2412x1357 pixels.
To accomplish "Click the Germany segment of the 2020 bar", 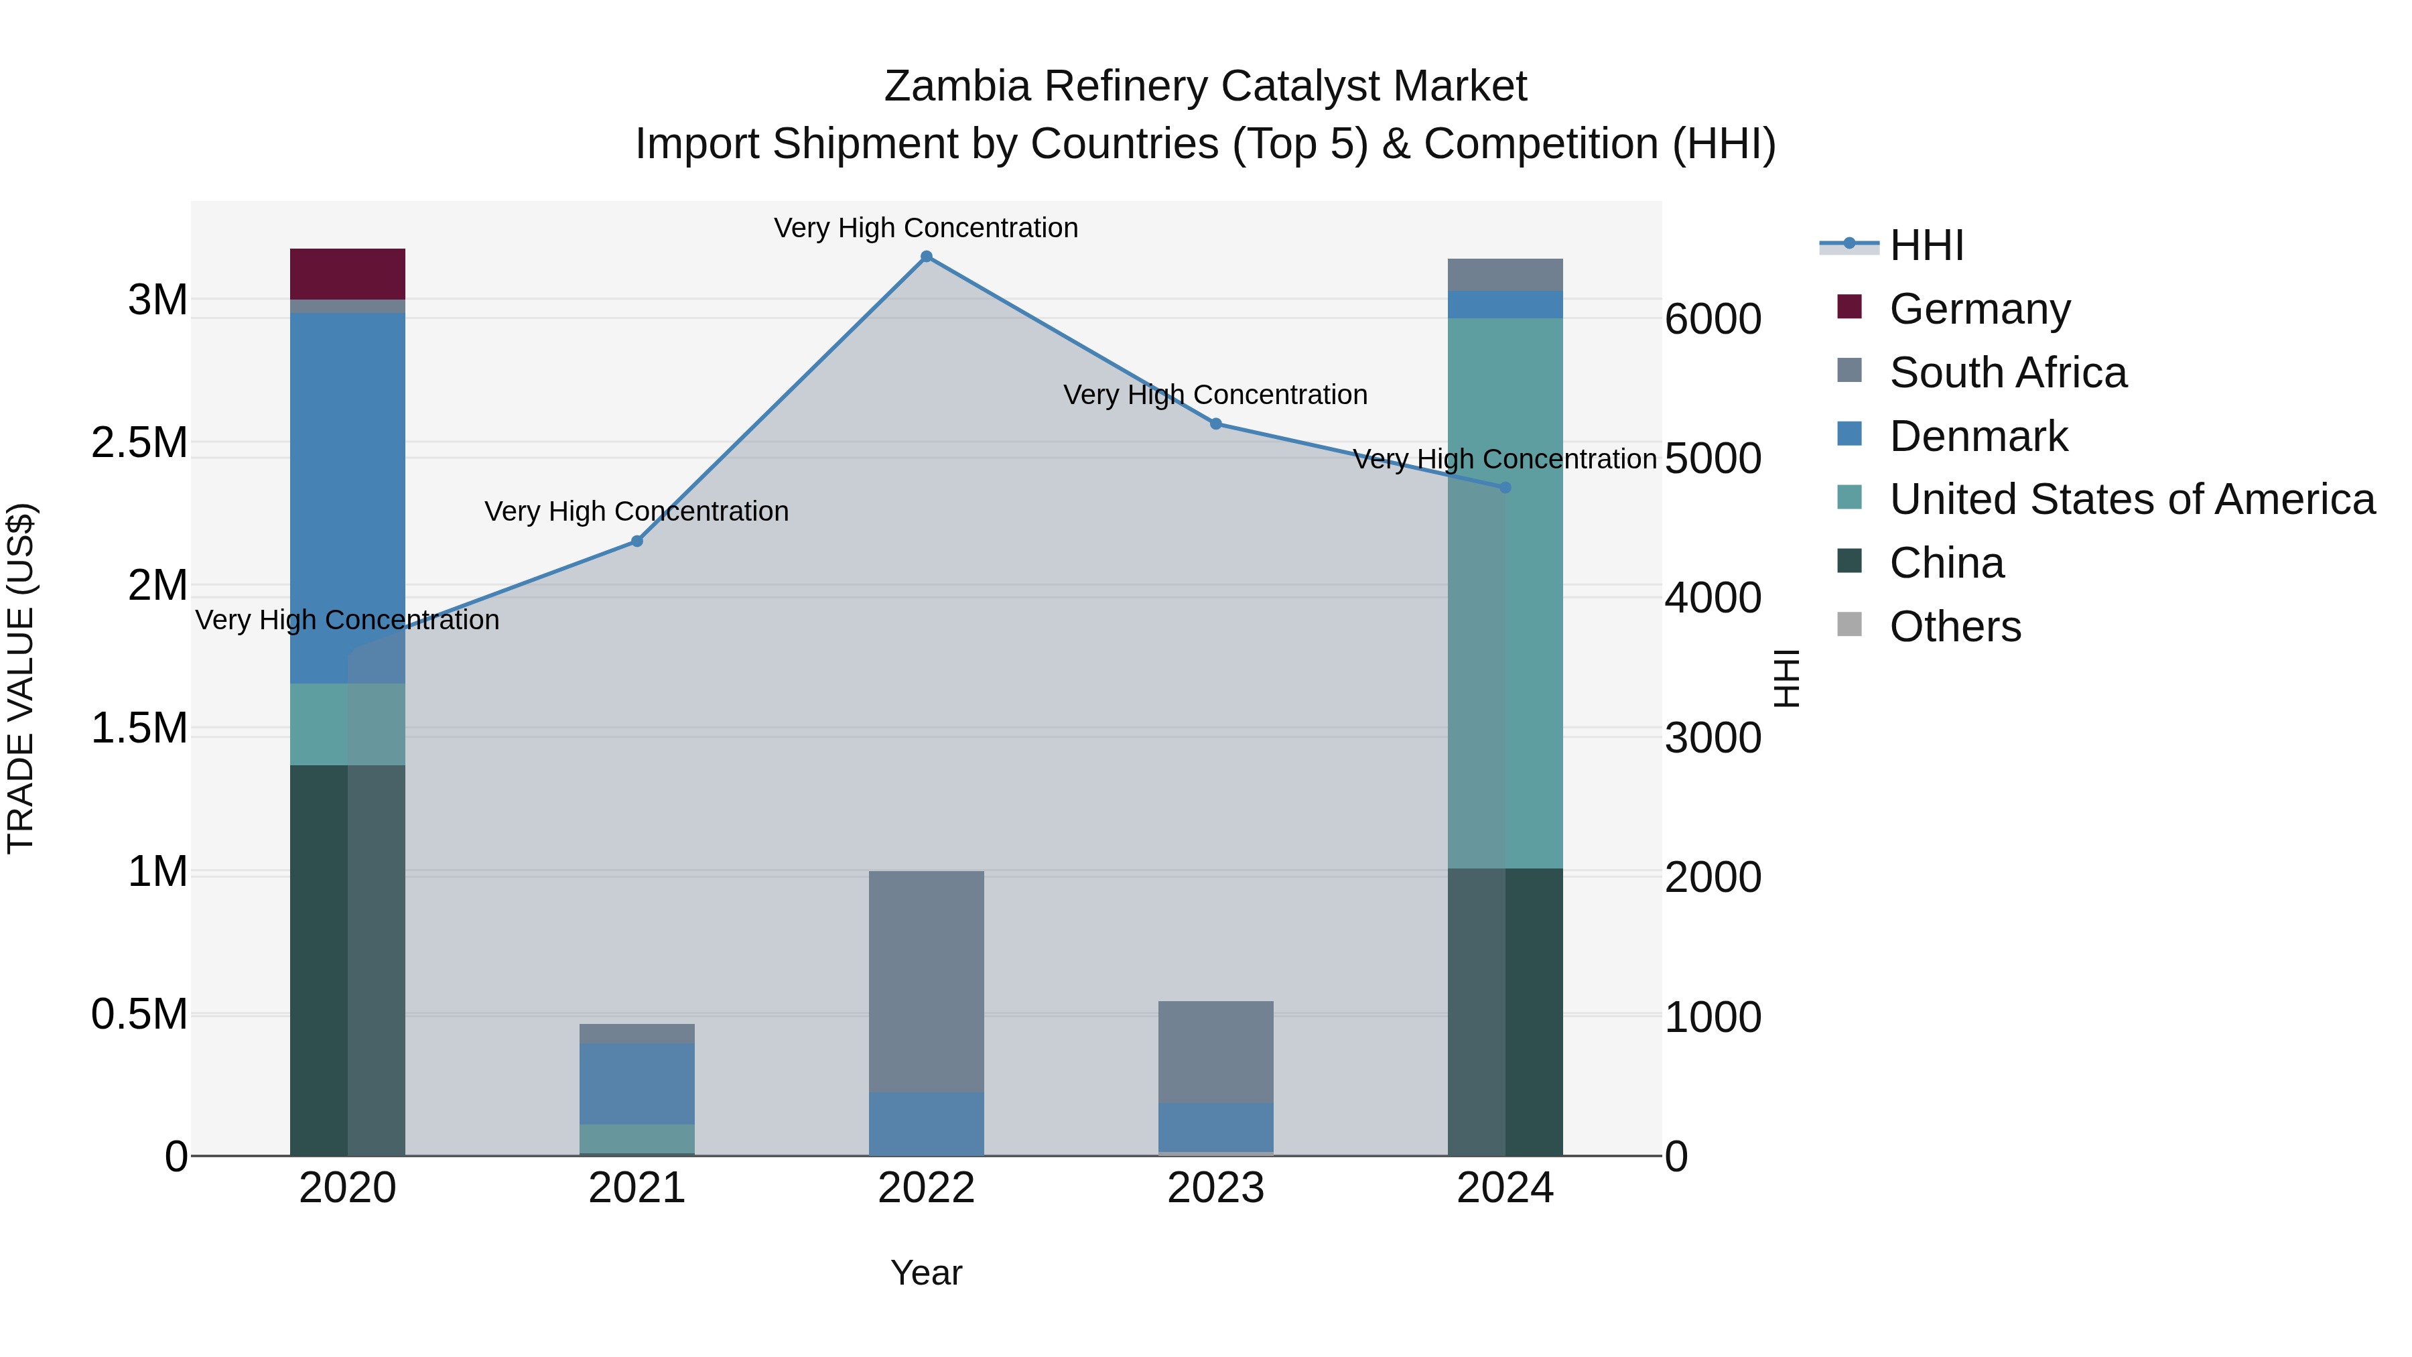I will click(x=347, y=273).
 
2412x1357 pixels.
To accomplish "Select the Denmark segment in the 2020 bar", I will click(x=347, y=497).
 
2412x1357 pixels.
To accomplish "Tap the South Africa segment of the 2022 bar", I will click(x=926, y=980).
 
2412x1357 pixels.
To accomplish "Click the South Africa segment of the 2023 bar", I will click(x=1215, y=1051).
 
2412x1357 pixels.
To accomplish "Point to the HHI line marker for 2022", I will click(x=926, y=257).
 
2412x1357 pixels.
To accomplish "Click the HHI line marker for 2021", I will click(x=636, y=541).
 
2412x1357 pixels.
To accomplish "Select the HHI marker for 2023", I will click(x=1215, y=424).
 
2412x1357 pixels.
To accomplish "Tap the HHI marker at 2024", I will click(x=1505, y=488).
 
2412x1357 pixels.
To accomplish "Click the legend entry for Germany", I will click(x=1979, y=309).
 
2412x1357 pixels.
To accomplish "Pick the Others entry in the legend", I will click(x=1954, y=627).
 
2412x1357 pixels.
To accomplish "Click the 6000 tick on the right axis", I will click(x=1713, y=320).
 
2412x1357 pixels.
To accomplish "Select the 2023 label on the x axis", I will click(x=1215, y=1188).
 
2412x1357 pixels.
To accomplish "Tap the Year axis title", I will click(x=926, y=1273).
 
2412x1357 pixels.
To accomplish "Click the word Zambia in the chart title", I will click(x=957, y=86).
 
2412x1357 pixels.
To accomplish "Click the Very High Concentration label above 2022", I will click(x=926, y=228).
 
